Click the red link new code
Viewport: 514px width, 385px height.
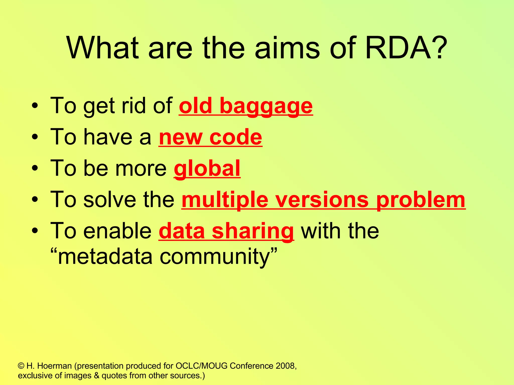point(210,137)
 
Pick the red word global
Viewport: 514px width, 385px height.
point(207,168)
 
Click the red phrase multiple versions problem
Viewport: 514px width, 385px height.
point(323,200)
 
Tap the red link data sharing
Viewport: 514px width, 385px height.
point(226,231)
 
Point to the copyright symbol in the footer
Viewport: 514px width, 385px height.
point(21,366)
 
